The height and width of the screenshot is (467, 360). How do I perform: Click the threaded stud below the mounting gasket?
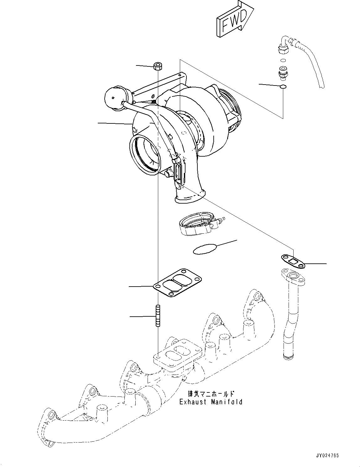(x=158, y=316)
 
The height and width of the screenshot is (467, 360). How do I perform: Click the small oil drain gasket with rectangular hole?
(x=293, y=261)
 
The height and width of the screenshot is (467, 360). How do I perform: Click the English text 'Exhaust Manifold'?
(x=211, y=402)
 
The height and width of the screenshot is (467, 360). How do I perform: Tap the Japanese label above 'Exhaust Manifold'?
(x=211, y=394)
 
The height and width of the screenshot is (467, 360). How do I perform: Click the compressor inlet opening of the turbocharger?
(x=145, y=153)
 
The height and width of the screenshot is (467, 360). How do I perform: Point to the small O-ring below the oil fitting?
(x=283, y=87)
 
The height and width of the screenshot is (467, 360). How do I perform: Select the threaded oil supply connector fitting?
(x=282, y=72)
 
